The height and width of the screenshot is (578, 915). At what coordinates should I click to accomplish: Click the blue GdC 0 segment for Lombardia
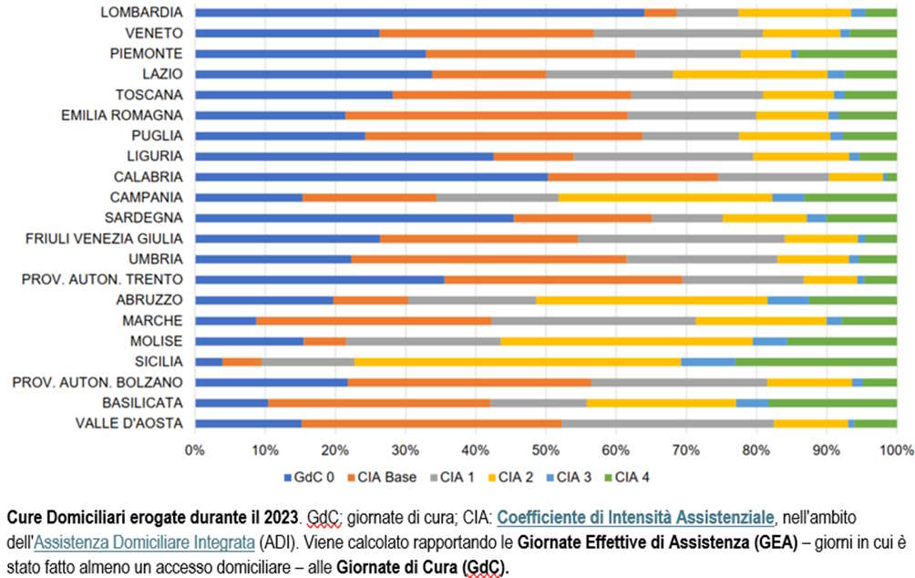419,13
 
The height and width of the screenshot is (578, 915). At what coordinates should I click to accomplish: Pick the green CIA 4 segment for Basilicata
832,403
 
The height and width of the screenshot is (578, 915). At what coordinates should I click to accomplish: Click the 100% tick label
896,449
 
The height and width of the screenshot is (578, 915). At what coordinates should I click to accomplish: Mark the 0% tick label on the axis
194,449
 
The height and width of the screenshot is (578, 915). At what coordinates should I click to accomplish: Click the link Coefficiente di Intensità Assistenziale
633,518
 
